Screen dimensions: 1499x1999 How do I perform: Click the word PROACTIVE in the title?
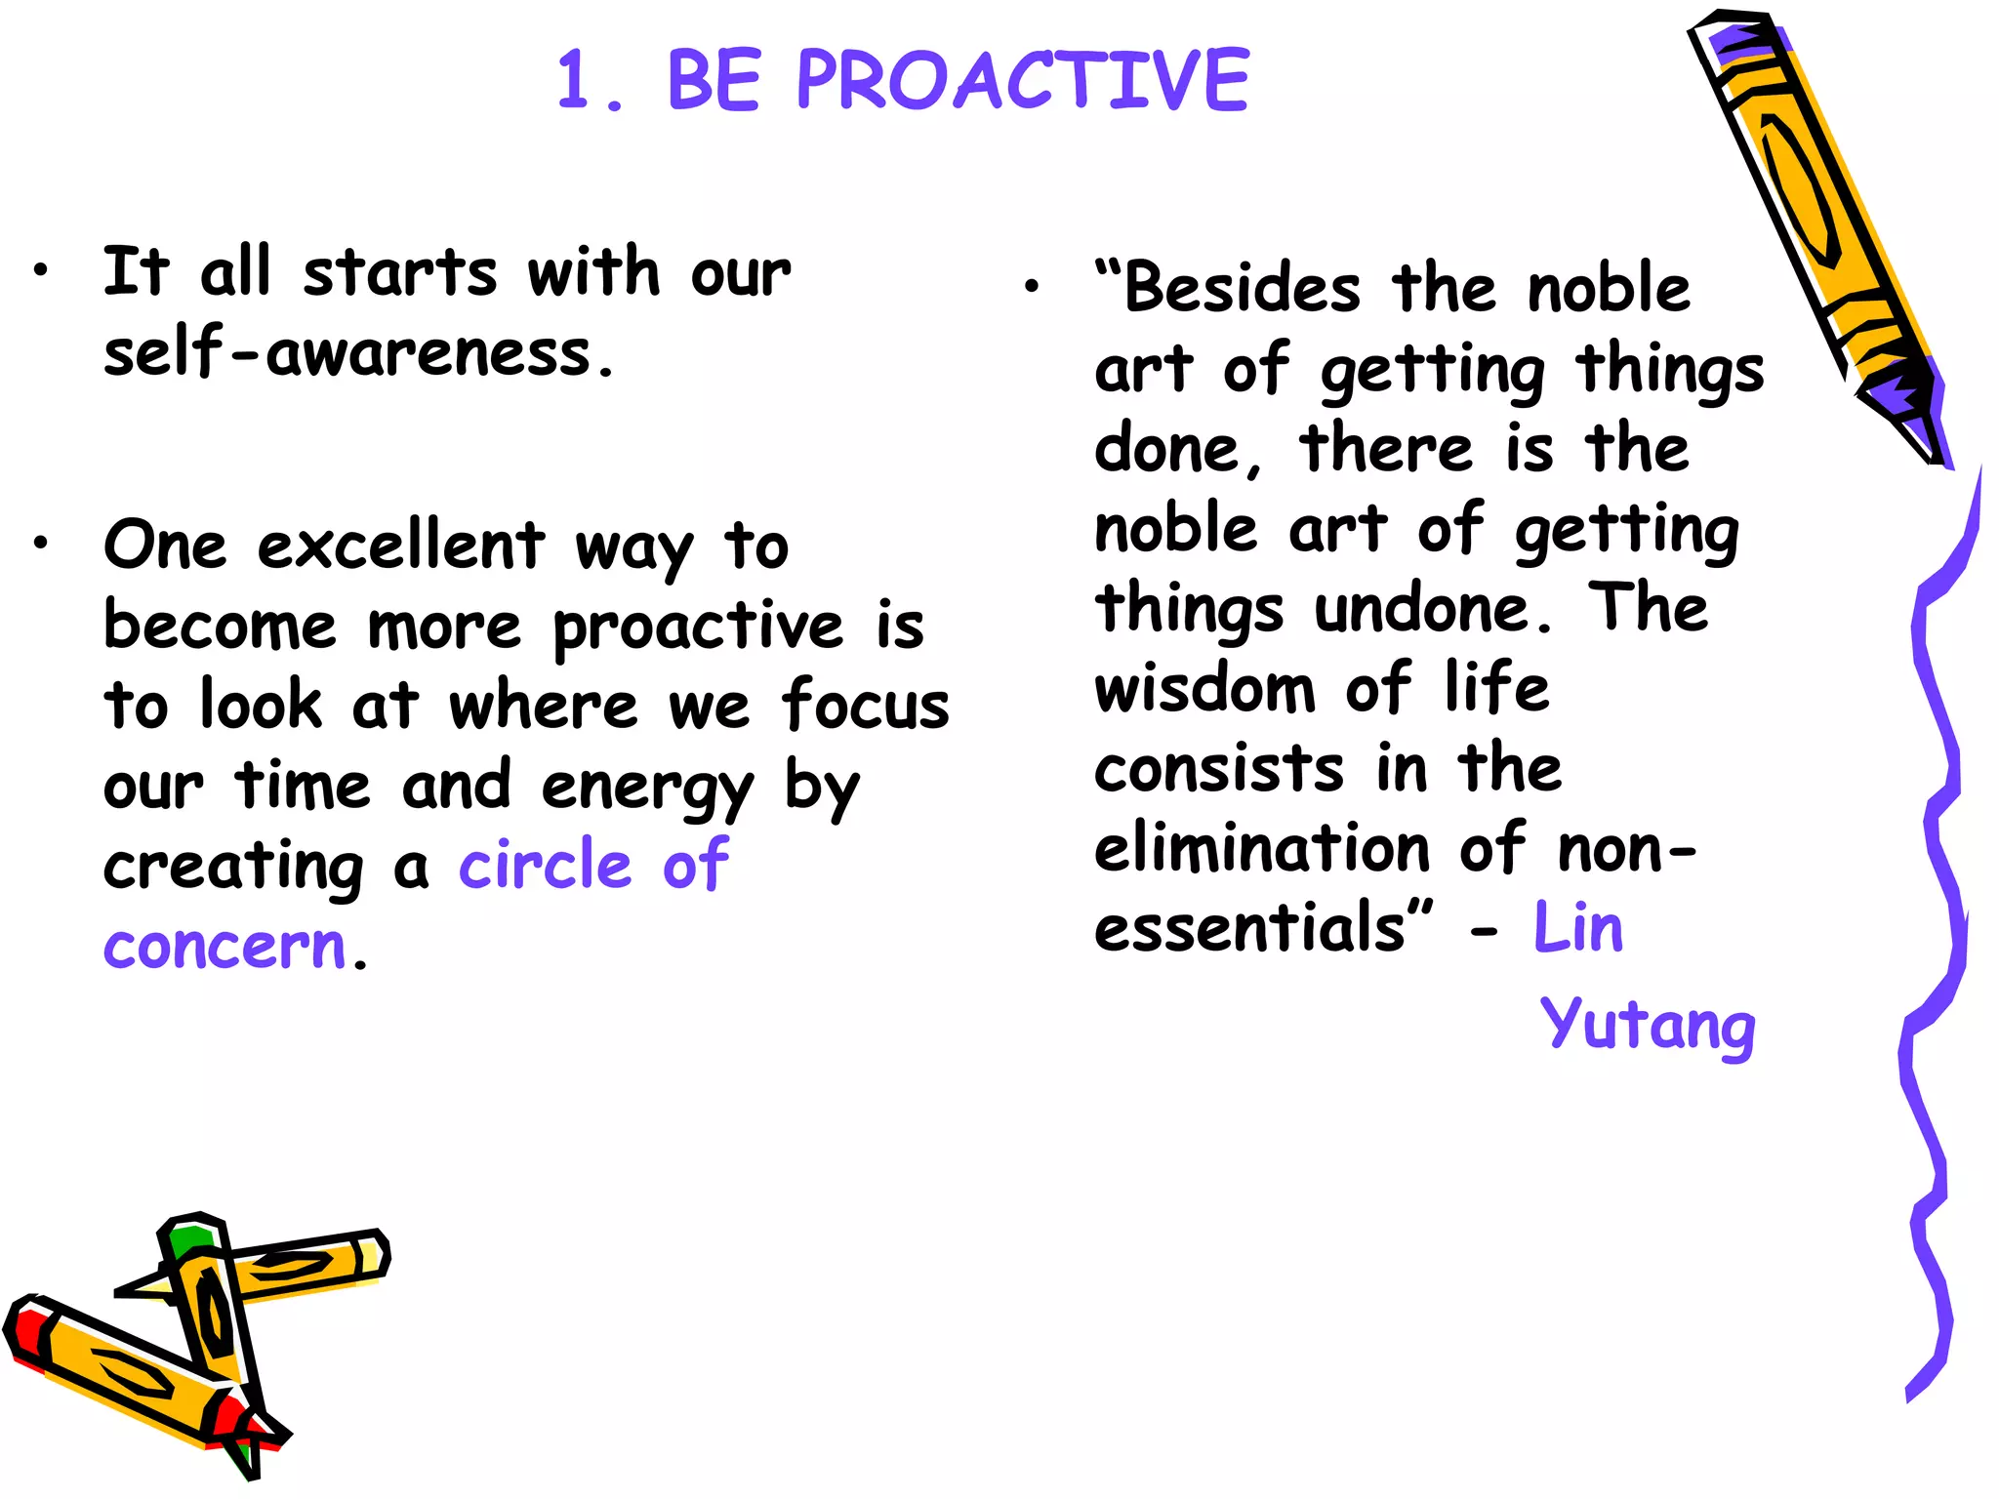(x=1022, y=80)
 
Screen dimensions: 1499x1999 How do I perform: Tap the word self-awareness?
(x=359, y=352)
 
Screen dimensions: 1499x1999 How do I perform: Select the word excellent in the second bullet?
(x=400, y=546)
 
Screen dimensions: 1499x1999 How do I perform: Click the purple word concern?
(x=225, y=946)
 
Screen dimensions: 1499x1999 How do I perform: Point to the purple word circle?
(x=546, y=865)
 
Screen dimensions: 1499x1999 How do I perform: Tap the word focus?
(x=864, y=705)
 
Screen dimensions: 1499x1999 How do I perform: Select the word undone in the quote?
(x=1432, y=609)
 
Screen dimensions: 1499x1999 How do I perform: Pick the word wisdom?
(x=1204, y=688)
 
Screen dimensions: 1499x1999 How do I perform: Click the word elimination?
(x=1262, y=847)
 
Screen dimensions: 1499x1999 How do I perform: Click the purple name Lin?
(x=1577, y=927)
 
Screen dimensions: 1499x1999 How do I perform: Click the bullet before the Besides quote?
(x=1032, y=286)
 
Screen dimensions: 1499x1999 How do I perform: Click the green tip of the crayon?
(x=188, y=1241)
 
